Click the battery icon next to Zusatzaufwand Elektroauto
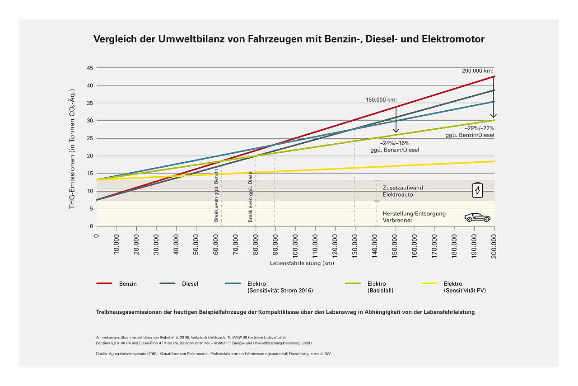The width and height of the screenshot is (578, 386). click(477, 190)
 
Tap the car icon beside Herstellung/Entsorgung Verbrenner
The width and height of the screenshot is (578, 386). click(477, 217)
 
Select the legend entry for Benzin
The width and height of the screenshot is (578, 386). click(117, 284)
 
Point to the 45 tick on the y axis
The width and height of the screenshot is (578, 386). click(90, 68)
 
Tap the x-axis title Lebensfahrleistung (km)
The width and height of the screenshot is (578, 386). click(295, 263)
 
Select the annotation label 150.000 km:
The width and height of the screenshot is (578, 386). click(381, 99)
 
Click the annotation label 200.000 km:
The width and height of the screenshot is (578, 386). click(478, 71)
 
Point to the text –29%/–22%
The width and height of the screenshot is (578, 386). click(478, 128)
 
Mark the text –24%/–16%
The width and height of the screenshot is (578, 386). click(394, 143)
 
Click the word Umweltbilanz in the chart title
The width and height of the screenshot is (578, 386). click(185, 39)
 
